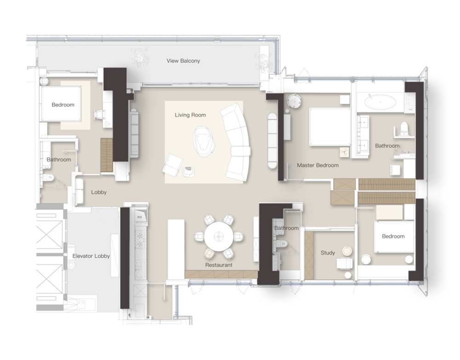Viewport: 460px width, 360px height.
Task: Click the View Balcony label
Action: [184, 61]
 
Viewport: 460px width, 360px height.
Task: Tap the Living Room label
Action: [190, 115]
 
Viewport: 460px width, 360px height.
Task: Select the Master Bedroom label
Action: [318, 165]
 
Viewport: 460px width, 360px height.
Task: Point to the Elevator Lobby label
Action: [91, 256]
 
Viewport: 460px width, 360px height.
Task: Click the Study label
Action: [328, 253]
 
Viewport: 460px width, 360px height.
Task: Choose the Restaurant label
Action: [218, 265]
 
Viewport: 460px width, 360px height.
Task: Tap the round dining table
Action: [218, 236]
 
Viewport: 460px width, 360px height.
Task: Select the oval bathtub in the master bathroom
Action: [380, 103]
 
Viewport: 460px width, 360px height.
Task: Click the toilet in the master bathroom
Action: [404, 129]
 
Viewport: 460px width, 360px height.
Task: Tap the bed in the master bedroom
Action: [330, 127]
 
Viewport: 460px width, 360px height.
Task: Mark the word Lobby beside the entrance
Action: [98, 192]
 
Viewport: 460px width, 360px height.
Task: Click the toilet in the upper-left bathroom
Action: [49, 177]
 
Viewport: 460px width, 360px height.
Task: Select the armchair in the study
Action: [345, 263]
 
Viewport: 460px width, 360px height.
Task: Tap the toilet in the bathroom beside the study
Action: [283, 244]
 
